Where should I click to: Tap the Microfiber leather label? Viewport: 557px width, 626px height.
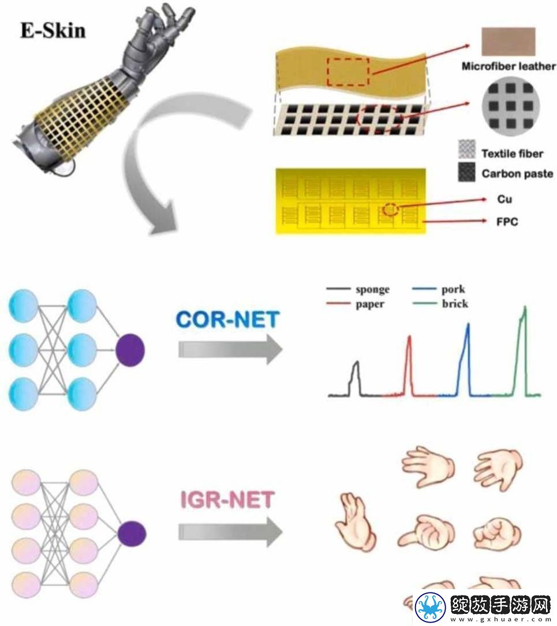pos(509,66)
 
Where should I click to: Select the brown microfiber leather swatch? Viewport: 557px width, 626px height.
pos(509,42)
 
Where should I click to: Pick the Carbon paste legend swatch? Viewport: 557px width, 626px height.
pos(467,172)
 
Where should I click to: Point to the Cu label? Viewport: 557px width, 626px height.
pos(504,199)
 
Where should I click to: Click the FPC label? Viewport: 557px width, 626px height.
pos(507,222)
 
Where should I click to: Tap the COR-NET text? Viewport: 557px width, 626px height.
pos(227,320)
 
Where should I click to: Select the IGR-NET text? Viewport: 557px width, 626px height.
pos(227,500)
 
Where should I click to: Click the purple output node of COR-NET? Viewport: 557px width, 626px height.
pos(130,350)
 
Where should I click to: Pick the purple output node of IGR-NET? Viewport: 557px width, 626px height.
pos(132,534)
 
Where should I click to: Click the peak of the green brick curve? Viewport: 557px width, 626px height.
pos(525,306)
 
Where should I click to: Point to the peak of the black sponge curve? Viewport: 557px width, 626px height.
pos(357,362)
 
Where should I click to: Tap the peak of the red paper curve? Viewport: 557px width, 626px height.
pos(409,336)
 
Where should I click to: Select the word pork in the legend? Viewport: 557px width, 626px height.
pos(453,290)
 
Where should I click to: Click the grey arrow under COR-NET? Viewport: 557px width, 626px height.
pos(230,349)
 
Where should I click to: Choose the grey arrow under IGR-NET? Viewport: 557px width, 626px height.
pos(230,532)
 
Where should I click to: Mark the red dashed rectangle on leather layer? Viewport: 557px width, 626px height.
pos(348,72)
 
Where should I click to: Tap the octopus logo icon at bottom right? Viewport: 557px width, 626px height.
pos(431,607)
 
